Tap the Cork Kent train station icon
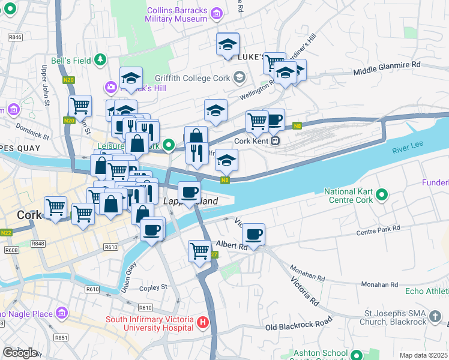click(274, 141)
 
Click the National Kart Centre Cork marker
click(381, 194)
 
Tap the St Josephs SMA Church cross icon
click(436, 316)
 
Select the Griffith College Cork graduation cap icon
click(240, 77)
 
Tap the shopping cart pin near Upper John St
click(80, 107)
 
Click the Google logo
click(20, 353)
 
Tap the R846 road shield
click(15, 37)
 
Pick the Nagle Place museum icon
click(61, 313)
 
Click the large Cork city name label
click(28, 215)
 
